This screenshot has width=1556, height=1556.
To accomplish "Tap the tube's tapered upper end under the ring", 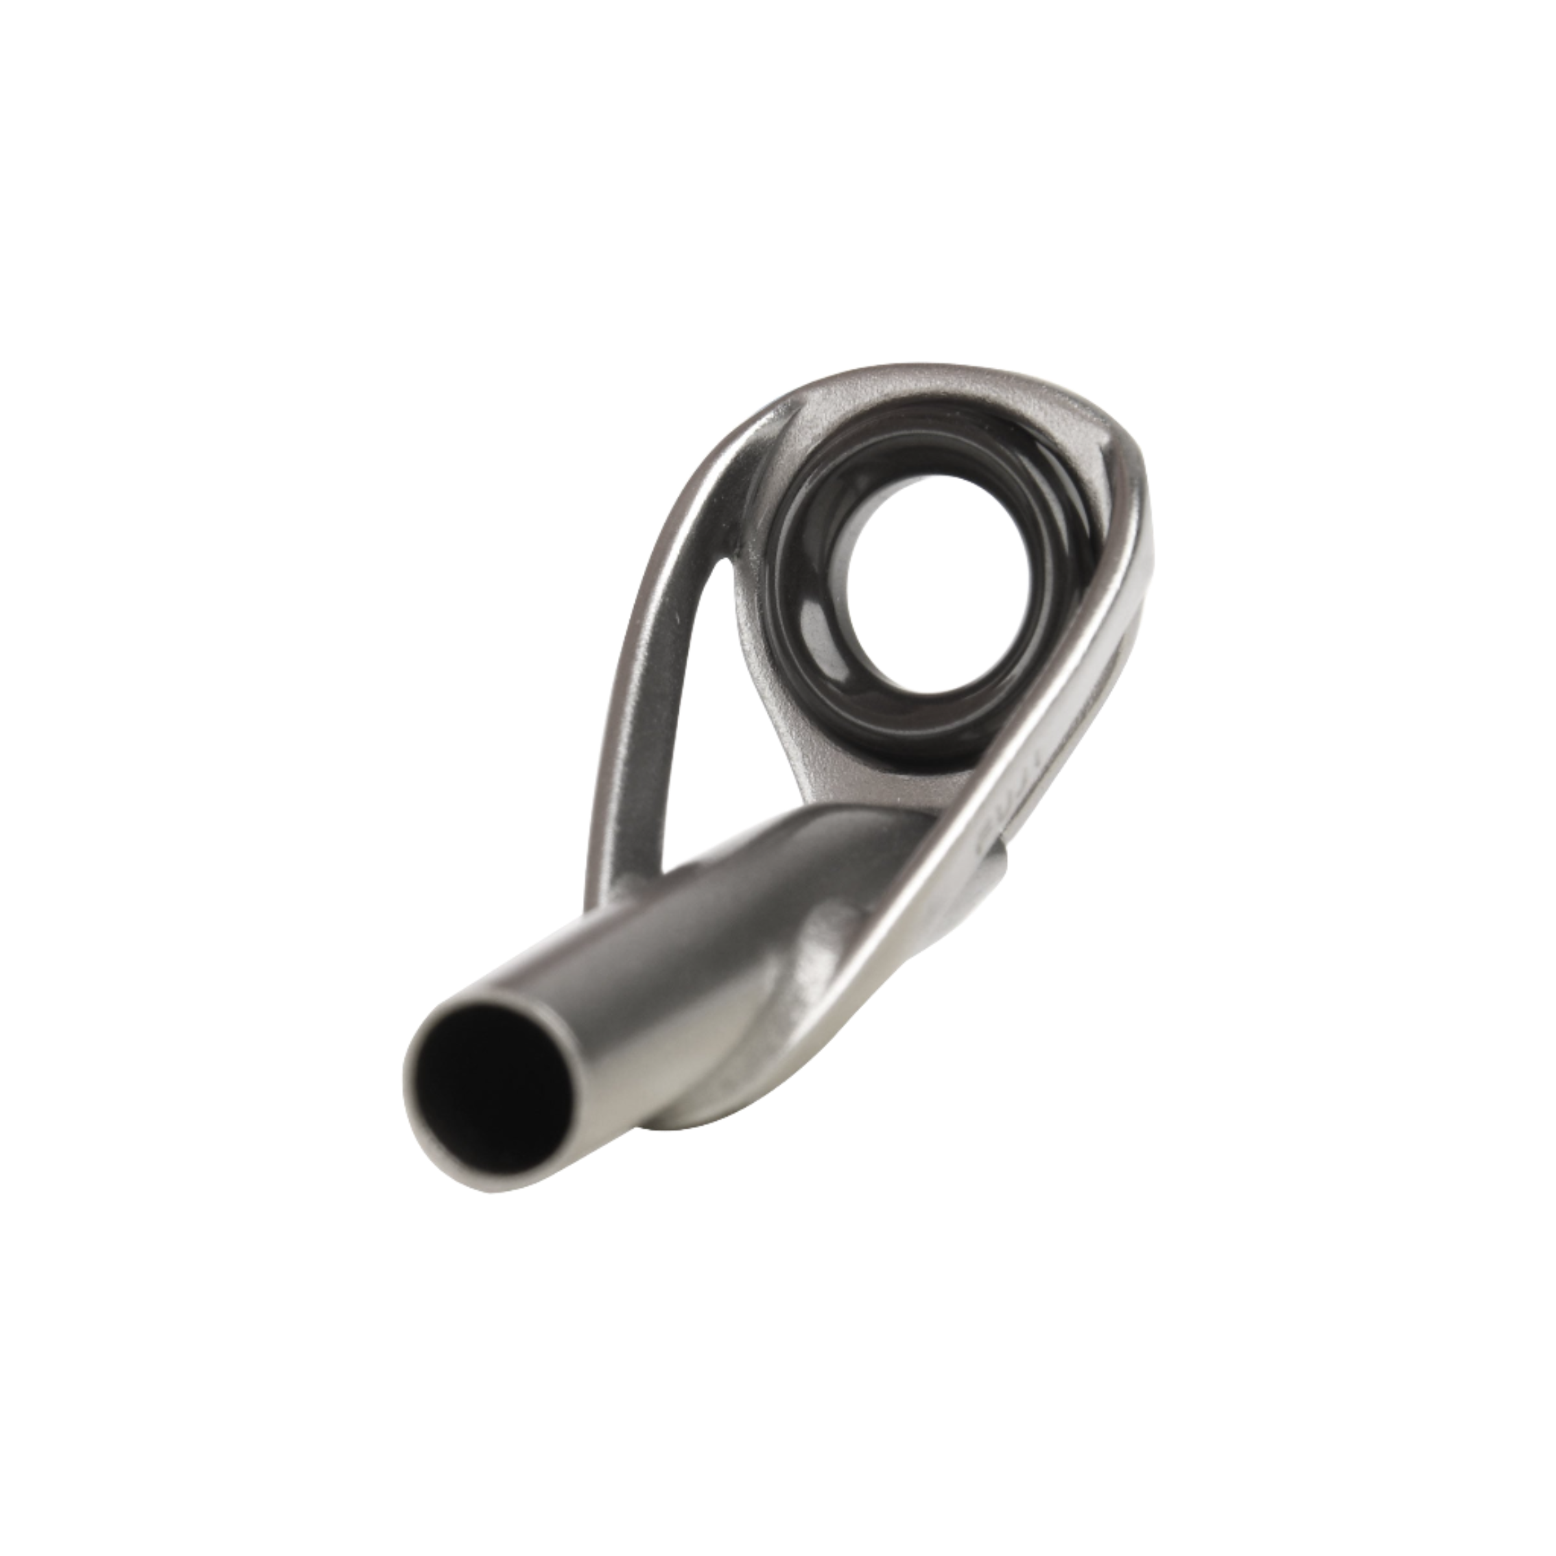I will (x=814, y=845).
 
